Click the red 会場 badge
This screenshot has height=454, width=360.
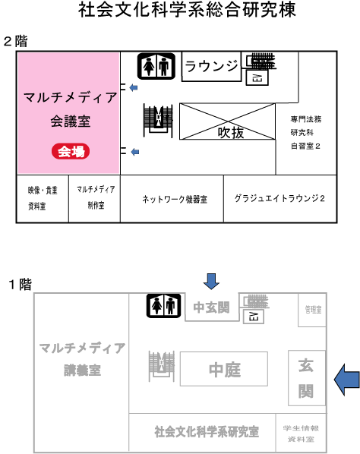pos(71,151)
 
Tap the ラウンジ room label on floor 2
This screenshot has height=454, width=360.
pos(211,66)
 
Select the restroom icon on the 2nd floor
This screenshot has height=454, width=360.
pos(156,66)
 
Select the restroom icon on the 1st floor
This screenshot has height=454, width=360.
pos(163,306)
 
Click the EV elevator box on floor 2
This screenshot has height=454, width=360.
pos(257,77)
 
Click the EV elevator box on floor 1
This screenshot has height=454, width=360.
pos(253,316)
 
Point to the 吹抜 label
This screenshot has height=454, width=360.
pos(231,133)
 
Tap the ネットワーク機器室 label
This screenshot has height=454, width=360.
pos(175,199)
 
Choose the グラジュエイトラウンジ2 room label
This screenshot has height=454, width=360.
pos(279,198)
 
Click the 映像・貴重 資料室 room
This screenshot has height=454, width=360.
pos(43,199)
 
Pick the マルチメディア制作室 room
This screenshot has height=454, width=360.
pos(95,199)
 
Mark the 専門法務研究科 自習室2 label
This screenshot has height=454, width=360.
pos(306,133)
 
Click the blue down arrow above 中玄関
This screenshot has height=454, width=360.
pos(211,281)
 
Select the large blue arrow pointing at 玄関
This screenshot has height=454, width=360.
pos(347,380)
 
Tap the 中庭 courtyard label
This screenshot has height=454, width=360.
pos(225,370)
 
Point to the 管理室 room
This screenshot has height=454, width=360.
pos(312,310)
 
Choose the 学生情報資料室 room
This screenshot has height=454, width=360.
pos(301,434)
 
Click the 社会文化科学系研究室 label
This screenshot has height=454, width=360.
pos(207,431)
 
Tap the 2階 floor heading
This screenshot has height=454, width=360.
pos(16,41)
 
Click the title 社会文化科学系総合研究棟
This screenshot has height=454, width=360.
pos(187,10)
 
